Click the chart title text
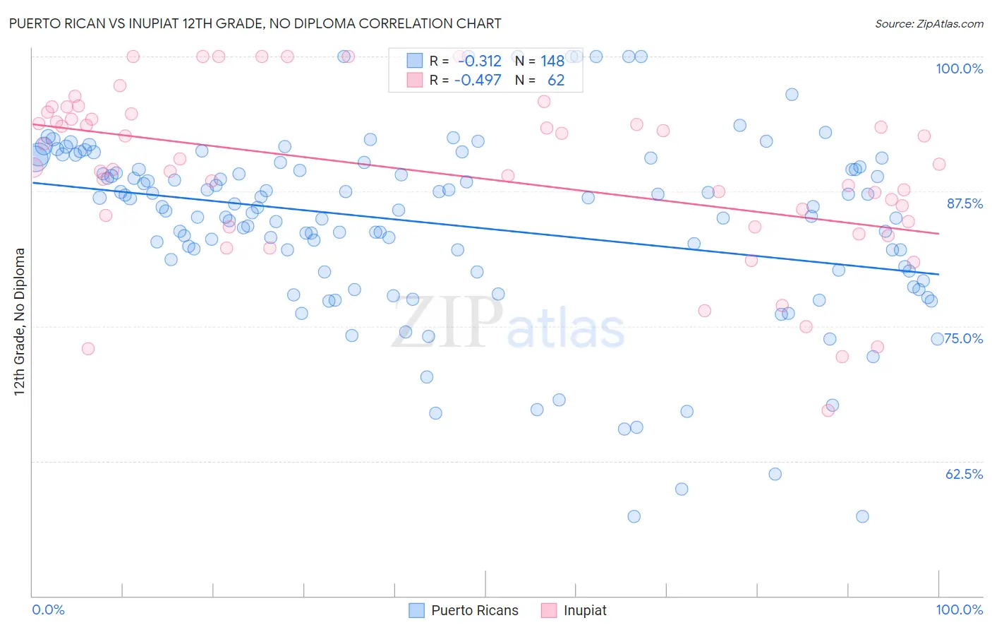click(x=255, y=23)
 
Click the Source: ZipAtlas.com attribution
click(x=929, y=23)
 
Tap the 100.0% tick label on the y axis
click(x=959, y=69)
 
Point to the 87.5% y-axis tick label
click(x=964, y=203)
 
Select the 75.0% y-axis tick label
click(x=964, y=338)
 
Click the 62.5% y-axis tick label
click(x=964, y=474)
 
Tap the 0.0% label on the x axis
click(x=48, y=610)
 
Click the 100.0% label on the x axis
click(x=959, y=610)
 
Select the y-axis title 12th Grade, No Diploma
click(x=20, y=321)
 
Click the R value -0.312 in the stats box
click(x=479, y=61)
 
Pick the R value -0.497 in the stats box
click(x=478, y=80)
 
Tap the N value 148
click(x=552, y=61)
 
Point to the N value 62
click(x=556, y=80)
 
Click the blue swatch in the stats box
click(x=414, y=61)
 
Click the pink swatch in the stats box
click(x=414, y=80)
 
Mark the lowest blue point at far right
click(x=862, y=516)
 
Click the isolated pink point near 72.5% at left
click(x=88, y=348)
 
